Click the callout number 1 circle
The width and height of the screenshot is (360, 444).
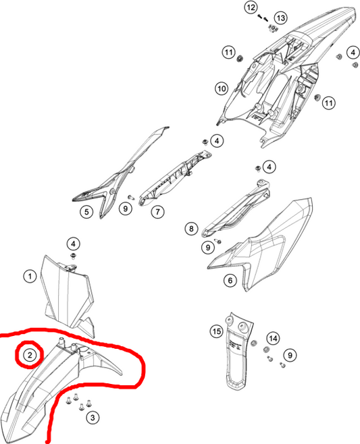[30, 276]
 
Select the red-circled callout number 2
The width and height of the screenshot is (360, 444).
[30, 355]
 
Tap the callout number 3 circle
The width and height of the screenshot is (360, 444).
[93, 418]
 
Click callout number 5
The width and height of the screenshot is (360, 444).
[86, 211]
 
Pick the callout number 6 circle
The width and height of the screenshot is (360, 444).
[230, 280]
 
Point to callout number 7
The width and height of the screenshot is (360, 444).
[157, 211]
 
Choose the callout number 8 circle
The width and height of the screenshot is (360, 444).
[191, 228]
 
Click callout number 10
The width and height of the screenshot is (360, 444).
[222, 88]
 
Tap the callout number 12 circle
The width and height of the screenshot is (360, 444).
[251, 7]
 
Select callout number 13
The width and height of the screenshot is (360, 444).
[280, 18]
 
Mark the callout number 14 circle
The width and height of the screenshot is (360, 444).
[274, 338]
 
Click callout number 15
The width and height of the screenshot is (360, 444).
[217, 331]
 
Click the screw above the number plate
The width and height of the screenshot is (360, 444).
[74, 256]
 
